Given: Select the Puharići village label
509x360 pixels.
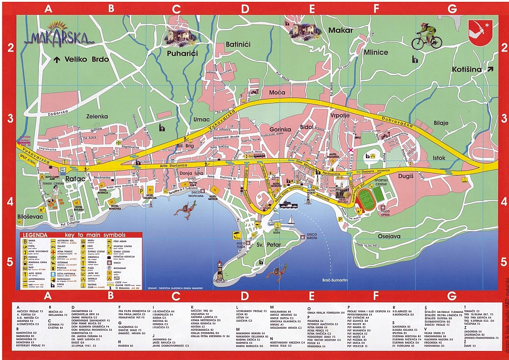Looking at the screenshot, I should [x=182, y=53].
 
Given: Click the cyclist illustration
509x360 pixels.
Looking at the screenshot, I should [x=426, y=35].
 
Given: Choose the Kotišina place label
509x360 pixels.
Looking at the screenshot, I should [x=467, y=70].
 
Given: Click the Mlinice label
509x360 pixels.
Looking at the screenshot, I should [x=376, y=52].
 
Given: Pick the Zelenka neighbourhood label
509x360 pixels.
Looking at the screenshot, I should [x=97, y=116].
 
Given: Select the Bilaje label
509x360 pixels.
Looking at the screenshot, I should [x=441, y=123].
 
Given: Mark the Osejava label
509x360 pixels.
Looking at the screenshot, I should [x=389, y=237].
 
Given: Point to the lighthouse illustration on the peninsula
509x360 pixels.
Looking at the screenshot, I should [x=219, y=271].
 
